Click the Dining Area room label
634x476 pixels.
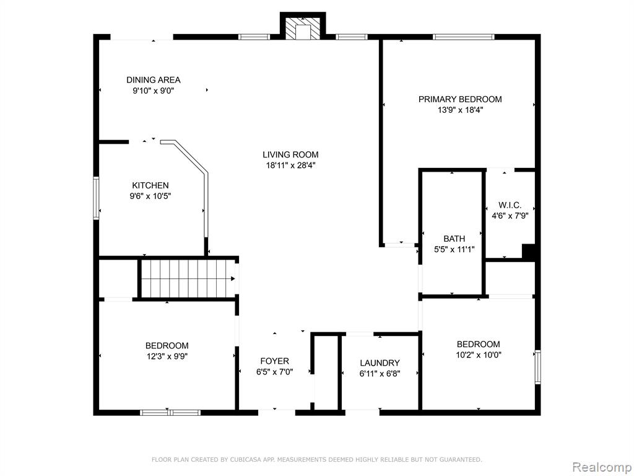(154, 80)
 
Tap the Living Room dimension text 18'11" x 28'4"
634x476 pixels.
(290, 165)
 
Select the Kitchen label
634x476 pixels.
(150, 185)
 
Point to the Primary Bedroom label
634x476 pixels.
(460, 99)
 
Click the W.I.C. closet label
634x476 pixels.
(510, 205)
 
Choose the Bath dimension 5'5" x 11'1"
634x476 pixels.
(454, 250)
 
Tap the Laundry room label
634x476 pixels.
(380, 363)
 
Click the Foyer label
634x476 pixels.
(274, 361)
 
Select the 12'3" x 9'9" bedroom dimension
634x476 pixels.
(167, 356)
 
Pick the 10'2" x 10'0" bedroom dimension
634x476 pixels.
(479, 355)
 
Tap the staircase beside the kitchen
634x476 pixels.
(187, 278)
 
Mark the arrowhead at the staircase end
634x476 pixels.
(233, 278)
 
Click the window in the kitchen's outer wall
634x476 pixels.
(96, 198)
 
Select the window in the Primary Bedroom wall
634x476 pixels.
(463, 37)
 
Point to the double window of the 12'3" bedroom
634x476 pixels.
(170, 412)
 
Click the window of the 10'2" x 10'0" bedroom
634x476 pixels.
(538, 367)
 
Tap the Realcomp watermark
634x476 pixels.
(601, 467)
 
